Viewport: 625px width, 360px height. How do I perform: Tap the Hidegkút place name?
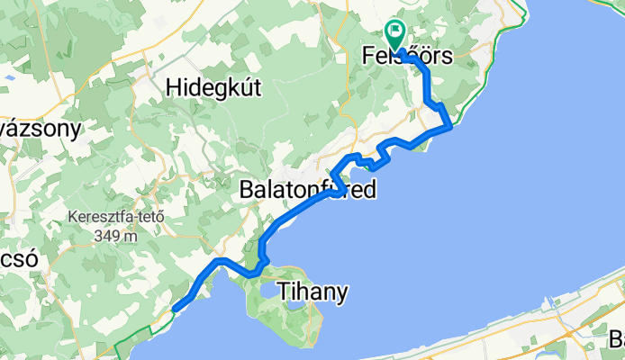[x=213, y=87]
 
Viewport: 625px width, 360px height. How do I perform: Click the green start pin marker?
[x=395, y=34]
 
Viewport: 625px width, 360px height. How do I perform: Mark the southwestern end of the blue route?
[x=174, y=310]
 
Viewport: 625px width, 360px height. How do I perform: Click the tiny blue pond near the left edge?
[x=8, y=78]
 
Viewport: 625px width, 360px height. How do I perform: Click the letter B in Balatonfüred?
[x=247, y=191]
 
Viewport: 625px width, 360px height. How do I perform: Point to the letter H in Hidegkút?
[x=174, y=87]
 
